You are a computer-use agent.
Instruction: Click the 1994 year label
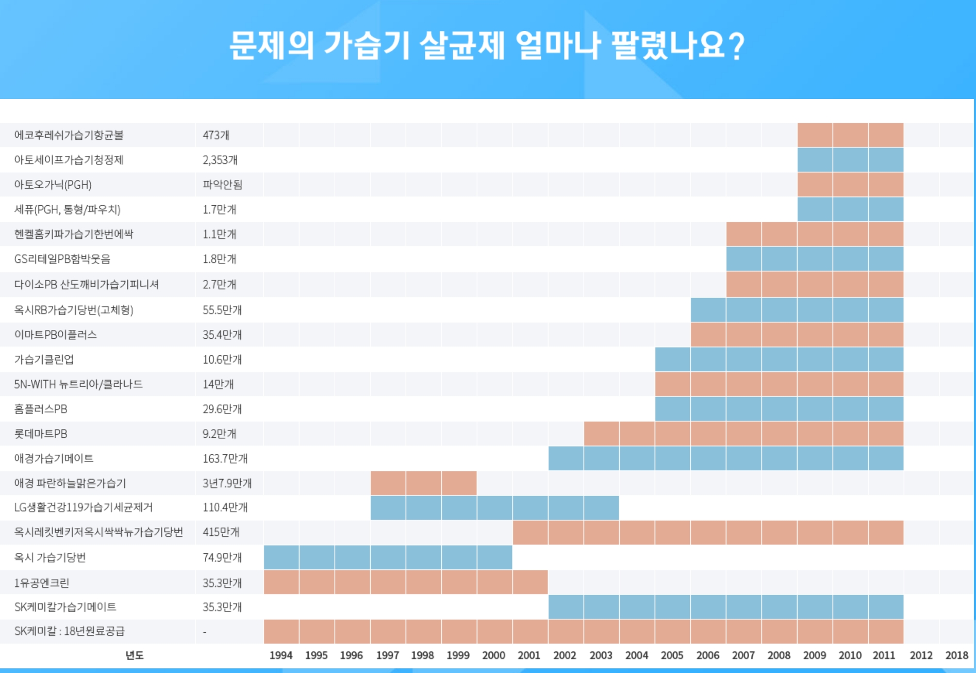[x=281, y=655]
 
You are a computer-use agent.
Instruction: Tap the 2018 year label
[x=956, y=655]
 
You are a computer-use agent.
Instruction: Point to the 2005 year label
[x=672, y=655]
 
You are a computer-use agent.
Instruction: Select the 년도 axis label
[x=135, y=655]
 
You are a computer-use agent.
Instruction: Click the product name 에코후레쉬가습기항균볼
[x=69, y=135]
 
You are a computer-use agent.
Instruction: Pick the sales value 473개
[x=216, y=135]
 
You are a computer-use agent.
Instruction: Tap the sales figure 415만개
[x=221, y=532]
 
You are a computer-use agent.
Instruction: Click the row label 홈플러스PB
[x=41, y=409]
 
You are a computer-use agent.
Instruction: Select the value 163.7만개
[x=225, y=458]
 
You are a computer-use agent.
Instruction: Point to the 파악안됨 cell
[x=222, y=185]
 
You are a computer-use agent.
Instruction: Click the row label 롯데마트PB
[x=41, y=434]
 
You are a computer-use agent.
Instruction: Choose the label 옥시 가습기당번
[x=50, y=557]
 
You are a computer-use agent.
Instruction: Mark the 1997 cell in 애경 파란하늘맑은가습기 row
[x=388, y=483]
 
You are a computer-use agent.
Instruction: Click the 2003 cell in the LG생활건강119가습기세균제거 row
[x=601, y=507]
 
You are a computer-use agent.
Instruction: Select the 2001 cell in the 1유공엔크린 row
[x=530, y=582]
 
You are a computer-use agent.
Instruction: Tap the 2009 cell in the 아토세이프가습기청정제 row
[x=815, y=160]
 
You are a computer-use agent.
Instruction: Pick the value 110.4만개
[x=225, y=507]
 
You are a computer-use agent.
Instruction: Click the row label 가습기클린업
[x=44, y=359]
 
